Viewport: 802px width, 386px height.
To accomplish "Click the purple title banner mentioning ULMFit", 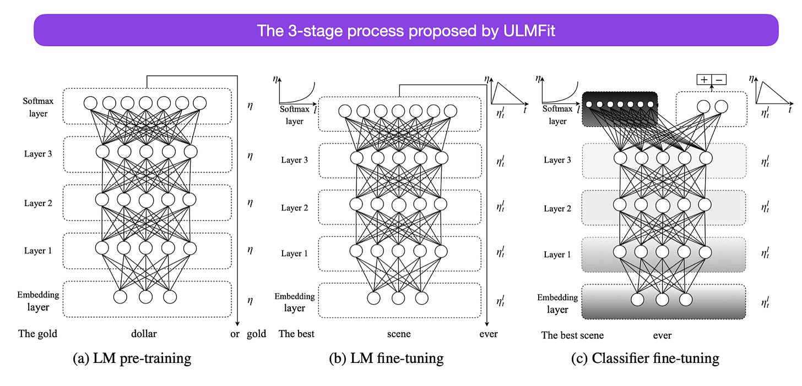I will tap(406, 30).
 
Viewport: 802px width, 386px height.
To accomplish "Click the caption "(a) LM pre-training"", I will tap(132, 359).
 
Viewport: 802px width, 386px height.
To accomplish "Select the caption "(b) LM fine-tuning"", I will tap(386, 359).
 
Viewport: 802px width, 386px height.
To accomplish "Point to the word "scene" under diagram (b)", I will tap(399, 334).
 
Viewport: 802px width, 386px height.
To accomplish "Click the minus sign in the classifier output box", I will tap(719, 80).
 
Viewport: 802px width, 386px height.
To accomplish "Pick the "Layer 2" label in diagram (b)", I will tap(295, 208).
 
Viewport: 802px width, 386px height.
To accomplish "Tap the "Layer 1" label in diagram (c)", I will tap(557, 255).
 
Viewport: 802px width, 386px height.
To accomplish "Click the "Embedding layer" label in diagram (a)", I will tap(38, 301).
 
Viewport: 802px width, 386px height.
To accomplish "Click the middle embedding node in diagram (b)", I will tap(398, 298).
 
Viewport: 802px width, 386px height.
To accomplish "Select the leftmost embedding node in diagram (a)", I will tap(121, 297).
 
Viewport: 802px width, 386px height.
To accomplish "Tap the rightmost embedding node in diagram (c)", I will tap(686, 300).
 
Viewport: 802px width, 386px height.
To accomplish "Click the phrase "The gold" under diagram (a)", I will tap(37, 334).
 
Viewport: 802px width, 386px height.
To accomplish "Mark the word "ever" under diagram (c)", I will tap(662, 335).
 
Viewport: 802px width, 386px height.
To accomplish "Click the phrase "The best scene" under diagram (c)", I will tap(572, 335).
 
